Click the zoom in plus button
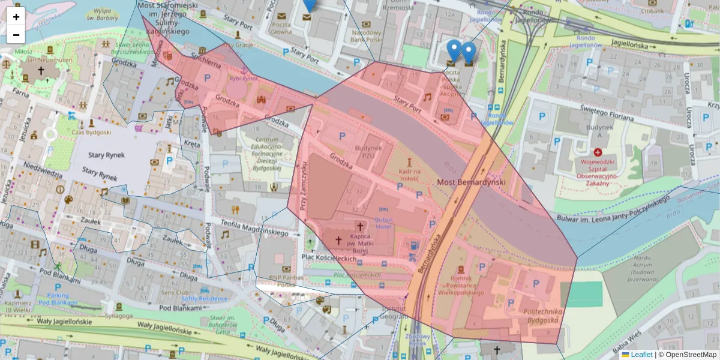coord(16,17)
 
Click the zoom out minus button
coord(16,35)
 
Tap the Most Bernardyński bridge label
coord(471,182)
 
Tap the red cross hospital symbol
coord(598,153)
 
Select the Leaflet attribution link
coord(641,355)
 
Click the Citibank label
coord(652,11)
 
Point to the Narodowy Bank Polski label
coord(367,35)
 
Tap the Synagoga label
coord(118,316)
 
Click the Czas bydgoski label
coord(91,131)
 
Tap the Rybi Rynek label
coord(244,78)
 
